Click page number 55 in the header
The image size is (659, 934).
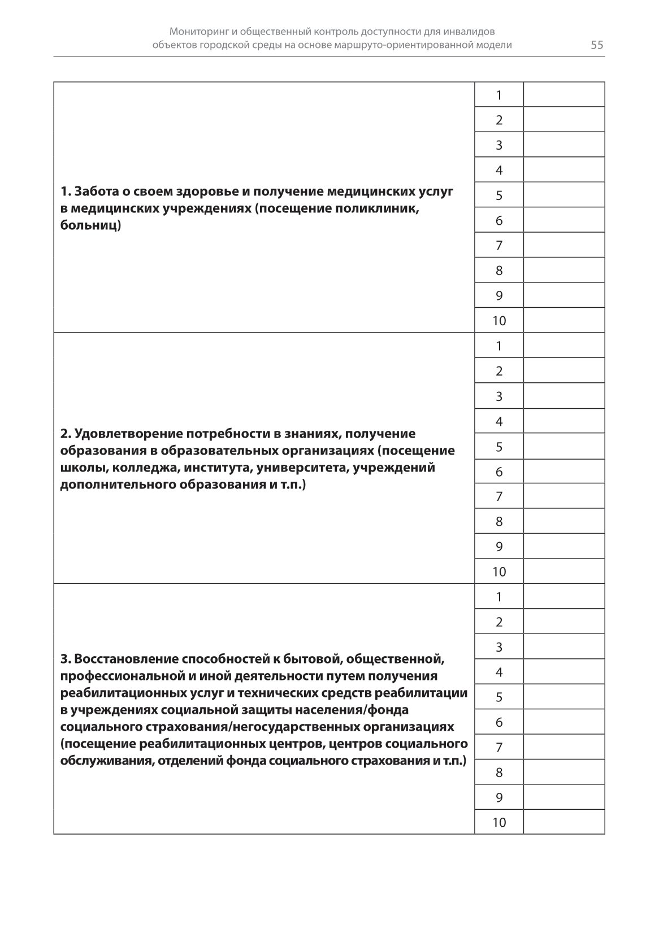[597, 45]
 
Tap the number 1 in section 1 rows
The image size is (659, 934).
[498, 95]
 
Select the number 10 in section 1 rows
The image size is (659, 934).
[498, 321]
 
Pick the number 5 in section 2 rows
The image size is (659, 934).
[498, 447]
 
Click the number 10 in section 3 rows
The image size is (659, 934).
[498, 822]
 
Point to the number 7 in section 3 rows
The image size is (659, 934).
[498, 747]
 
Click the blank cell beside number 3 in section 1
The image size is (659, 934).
[563, 145]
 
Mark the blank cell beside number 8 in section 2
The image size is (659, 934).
[563, 521]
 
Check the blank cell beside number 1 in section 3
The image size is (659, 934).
[563, 596]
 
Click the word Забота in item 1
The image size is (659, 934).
[94, 191]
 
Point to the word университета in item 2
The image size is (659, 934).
[304, 468]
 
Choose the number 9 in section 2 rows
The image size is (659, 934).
[498, 546]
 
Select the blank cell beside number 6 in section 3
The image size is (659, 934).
[563, 722]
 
